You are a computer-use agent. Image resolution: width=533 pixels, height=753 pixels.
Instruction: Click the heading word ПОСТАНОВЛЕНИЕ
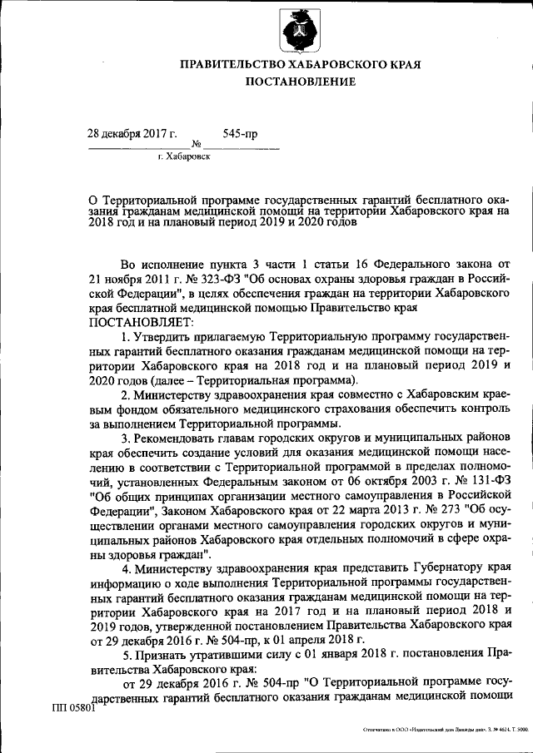300,82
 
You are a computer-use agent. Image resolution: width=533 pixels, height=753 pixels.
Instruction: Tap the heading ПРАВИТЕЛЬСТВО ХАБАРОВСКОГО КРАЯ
300,64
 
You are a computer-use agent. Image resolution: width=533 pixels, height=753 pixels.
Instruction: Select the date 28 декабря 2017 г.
133,133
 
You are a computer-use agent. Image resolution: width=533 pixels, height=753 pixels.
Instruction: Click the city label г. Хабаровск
184,156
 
